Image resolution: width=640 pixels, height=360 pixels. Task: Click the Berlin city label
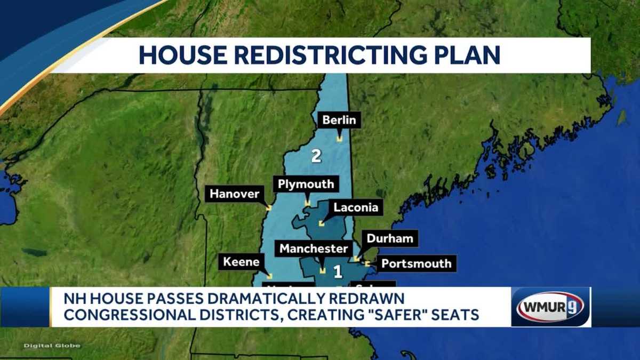339,121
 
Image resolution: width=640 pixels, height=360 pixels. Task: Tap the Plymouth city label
306,185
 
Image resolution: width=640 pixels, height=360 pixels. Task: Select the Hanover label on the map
234,194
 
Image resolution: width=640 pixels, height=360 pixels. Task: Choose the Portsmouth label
417,263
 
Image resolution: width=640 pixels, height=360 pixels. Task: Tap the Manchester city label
314,249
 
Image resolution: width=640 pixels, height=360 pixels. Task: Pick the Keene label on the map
241,262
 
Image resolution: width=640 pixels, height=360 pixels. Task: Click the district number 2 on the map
316,156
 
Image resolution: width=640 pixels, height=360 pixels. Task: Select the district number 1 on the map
337,273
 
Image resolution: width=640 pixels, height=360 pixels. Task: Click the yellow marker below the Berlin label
339,139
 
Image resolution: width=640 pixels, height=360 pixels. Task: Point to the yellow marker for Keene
270,276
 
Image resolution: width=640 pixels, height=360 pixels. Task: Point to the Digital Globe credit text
52,346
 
